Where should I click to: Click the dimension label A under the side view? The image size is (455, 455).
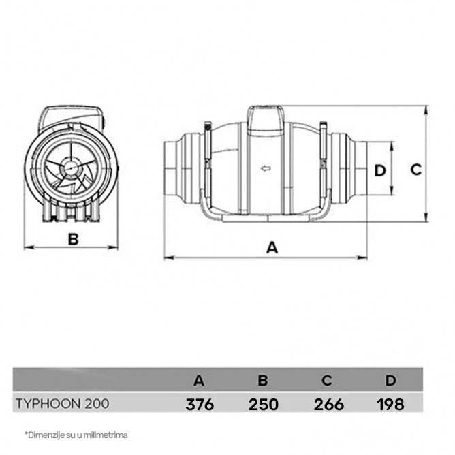click(x=272, y=248)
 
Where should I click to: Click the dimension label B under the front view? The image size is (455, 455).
click(x=74, y=238)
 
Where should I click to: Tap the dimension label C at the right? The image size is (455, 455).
click(x=416, y=170)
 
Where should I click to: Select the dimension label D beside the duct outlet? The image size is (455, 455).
click(x=380, y=170)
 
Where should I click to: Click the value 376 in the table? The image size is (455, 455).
click(x=200, y=404)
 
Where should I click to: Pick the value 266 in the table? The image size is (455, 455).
click(x=328, y=404)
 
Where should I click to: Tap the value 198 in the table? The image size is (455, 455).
click(x=390, y=404)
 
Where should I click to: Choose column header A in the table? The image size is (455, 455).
click(x=200, y=379)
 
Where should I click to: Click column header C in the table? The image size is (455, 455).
click(x=328, y=379)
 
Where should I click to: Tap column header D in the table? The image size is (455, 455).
click(x=390, y=379)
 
